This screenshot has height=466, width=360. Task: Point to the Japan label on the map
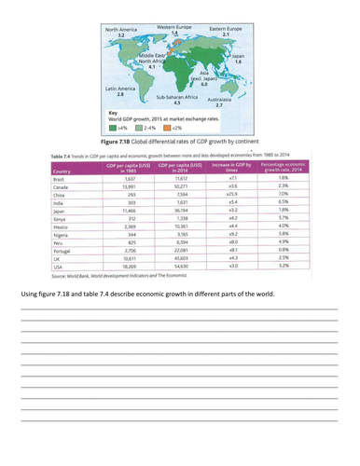click(x=237, y=58)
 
